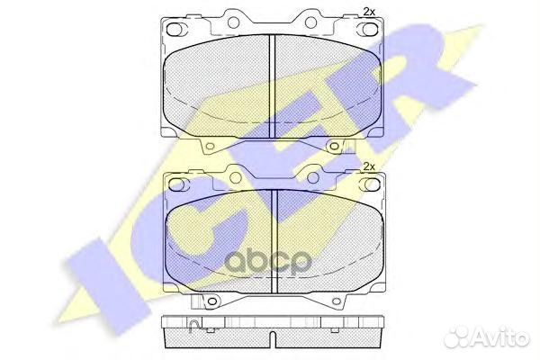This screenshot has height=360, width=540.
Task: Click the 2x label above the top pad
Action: [369, 12]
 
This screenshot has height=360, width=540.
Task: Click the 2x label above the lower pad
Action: [369, 166]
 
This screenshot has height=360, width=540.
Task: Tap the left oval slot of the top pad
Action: [175, 30]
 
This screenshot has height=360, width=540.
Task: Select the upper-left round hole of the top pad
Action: [233, 22]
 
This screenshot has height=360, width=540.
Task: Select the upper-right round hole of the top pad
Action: [310, 22]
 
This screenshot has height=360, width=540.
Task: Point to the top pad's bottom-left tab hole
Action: [211, 147]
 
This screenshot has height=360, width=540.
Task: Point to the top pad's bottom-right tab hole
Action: [333, 147]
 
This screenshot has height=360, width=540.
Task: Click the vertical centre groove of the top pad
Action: [273, 86]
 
